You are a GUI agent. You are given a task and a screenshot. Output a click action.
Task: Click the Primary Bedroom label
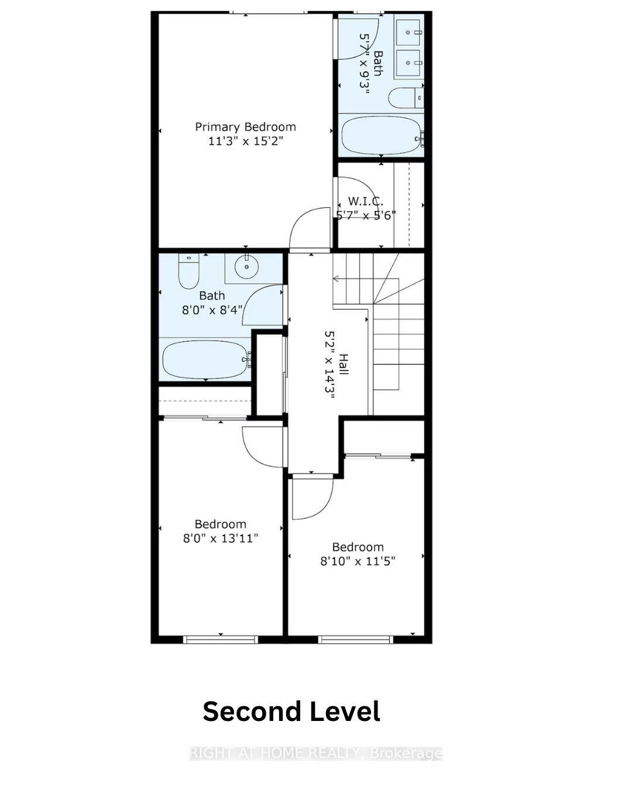(245, 127)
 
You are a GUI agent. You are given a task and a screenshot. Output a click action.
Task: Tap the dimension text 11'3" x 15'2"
(245, 142)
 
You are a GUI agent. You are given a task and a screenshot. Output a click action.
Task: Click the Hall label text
(344, 365)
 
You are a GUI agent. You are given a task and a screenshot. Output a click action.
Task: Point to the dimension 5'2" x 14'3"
(329, 365)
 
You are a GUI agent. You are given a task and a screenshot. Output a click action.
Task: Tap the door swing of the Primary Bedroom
(310, 228)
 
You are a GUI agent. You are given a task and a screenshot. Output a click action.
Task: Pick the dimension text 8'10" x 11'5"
(358, 561)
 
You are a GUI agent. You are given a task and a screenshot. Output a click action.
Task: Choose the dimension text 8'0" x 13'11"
(220, 538)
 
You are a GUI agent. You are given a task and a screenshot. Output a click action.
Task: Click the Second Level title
(291, 712)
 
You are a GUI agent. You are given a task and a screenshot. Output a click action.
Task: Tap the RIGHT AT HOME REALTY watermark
(316, 753)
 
